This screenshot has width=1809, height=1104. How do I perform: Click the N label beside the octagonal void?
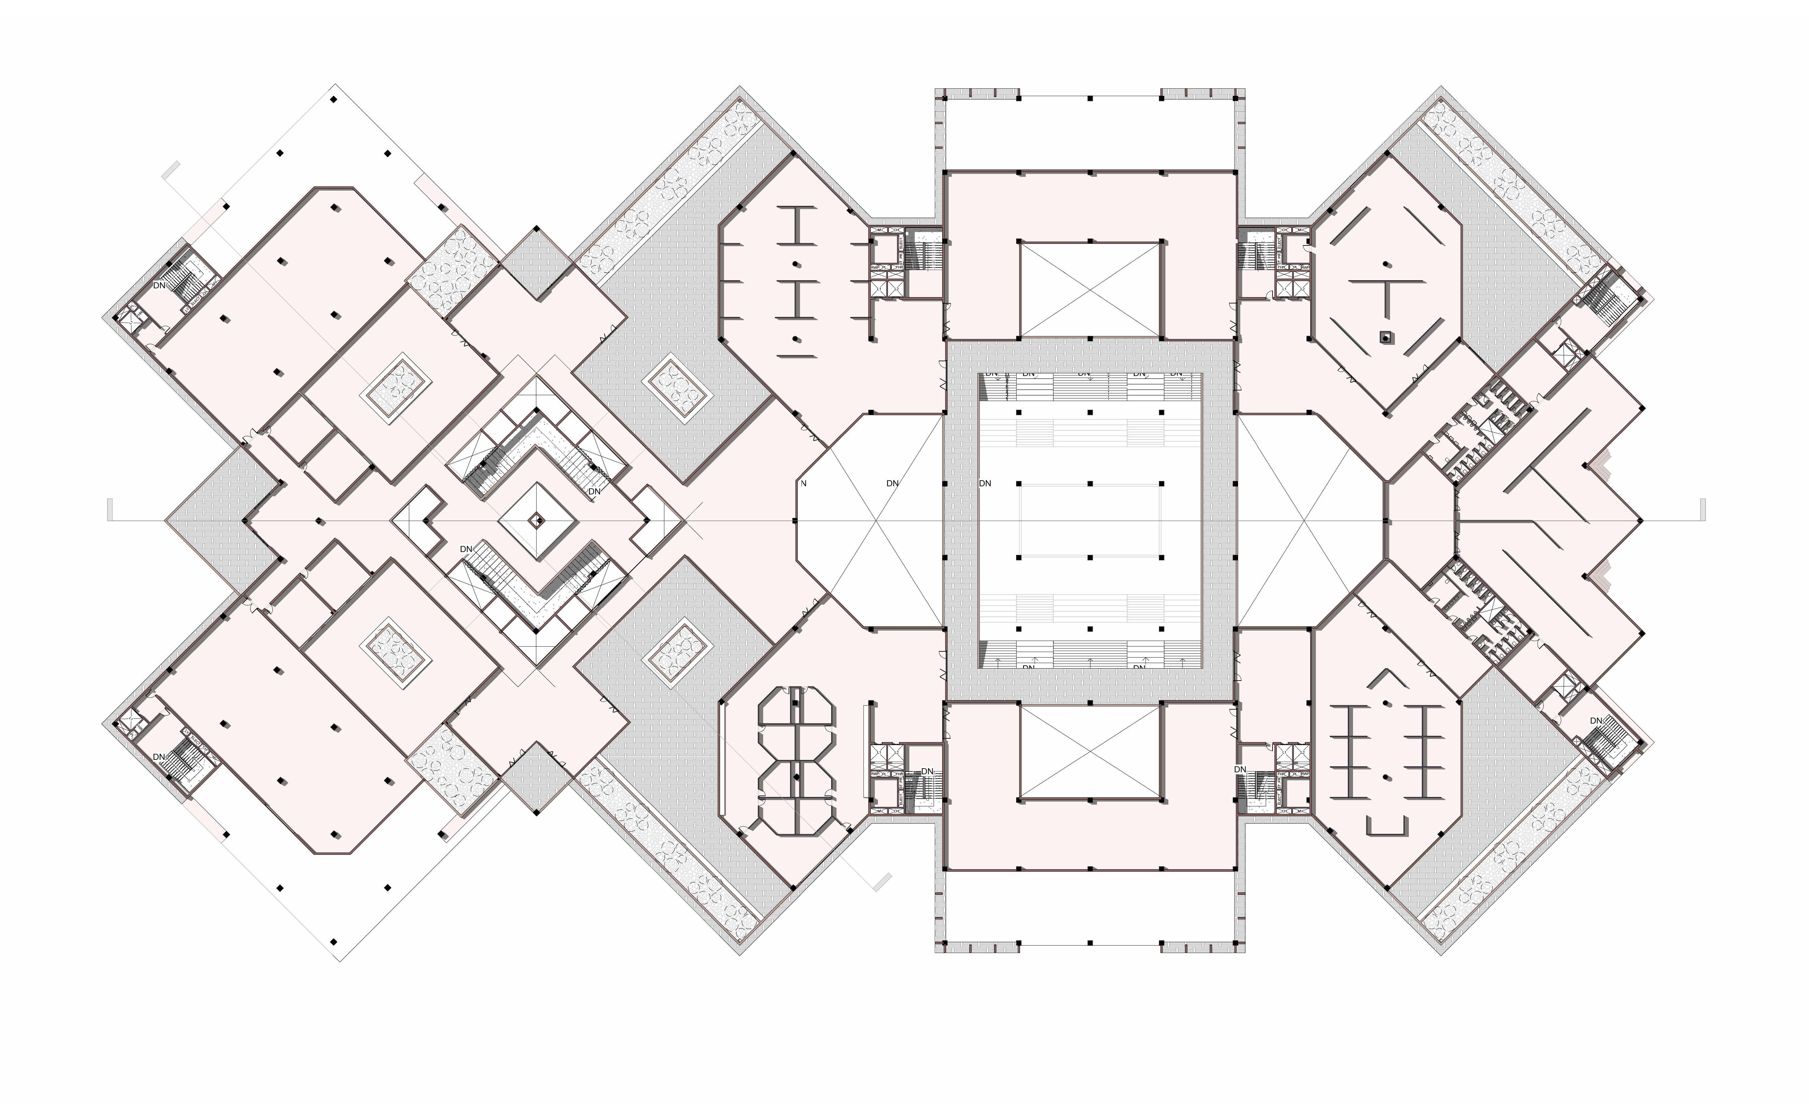803,483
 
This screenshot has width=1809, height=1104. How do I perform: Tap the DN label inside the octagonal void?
892,483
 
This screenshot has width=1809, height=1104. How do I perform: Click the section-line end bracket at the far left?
110,509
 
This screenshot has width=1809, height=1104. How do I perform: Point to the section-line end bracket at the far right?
1703,509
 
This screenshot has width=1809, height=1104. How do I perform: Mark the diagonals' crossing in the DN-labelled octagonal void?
874,521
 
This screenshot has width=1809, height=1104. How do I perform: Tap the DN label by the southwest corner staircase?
159,757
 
